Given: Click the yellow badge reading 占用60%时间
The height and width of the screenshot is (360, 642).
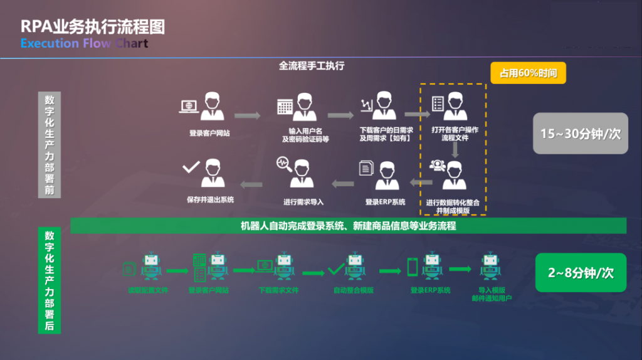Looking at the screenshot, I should pyautogui.click(x=528, y=73).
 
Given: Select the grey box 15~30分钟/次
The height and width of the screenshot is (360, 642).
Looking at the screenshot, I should pyautogui.click(x=580, y=134).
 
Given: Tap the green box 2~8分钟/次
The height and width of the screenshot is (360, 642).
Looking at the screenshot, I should pyautogui.click(x=581, y=273).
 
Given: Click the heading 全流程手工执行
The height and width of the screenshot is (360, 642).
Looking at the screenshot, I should pyautogui.click(x=312, y=65).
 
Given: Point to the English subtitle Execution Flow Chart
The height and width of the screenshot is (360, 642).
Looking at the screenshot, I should pyautogui.click(x=84, y=43).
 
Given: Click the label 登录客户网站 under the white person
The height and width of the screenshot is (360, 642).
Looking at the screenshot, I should pyautogui.click(x=209, y=133).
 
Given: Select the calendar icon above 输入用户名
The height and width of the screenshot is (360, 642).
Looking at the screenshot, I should pyautogui.click(x=285, y=107).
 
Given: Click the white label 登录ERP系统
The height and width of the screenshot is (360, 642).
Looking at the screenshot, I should pyautogui.click(x=385, y=202).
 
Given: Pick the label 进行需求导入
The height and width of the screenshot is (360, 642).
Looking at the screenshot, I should pyautogui.click(x=303, y=202).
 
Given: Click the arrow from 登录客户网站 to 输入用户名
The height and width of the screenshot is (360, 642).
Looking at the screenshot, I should pyautogui.click(x=247, y=115).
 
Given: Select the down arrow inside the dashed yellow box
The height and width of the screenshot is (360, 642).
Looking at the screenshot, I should pyautogui.click(x=456, y=149).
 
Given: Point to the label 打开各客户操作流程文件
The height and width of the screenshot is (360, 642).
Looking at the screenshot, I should pyautogui.click(x=455, y=134).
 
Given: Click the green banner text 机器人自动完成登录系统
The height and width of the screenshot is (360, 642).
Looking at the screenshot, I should pyautogui.click(x=348, y=226).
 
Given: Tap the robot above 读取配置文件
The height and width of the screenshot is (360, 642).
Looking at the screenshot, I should pyautogui.click(x=150, y=267).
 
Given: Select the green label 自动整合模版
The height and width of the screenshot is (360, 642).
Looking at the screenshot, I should pyautogui.click(x=354, y=290).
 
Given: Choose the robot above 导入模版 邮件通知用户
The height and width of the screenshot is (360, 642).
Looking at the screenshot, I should pyautogui.click(x=491, y=267).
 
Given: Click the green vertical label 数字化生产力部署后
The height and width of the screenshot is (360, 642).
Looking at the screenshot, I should pyautogui.click(x=49, y=280).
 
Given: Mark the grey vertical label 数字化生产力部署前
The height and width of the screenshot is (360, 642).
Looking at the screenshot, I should pyautogui.click(x=50, y=144).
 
